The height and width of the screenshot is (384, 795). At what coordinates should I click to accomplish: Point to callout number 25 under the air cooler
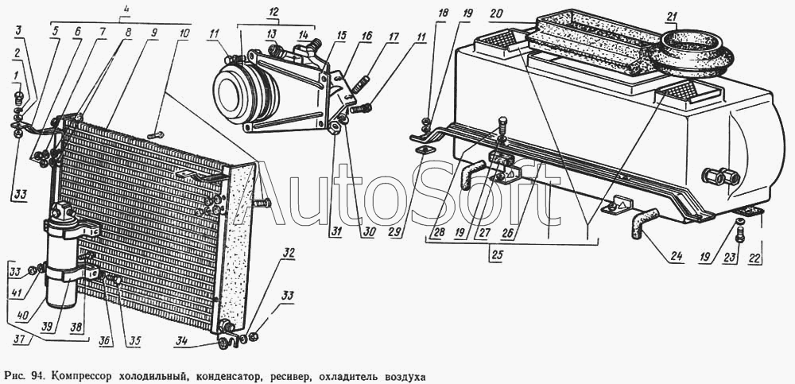pyautogui.click(x=498, y=256)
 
